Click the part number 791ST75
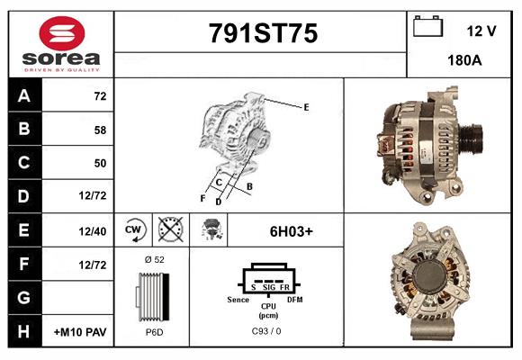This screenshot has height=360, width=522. pyautogui.click(x=263, y=34)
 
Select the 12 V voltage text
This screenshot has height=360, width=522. pyautogui.click(x=481, y=31)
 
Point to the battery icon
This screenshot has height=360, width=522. pyautogui.click(x=426, y=27)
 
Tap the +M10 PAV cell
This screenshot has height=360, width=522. pyautogui.click(x=81, y=332)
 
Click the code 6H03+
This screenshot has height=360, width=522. pyautogui.click(x=292, y=230)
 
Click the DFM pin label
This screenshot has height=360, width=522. pyautogui.click(x=294, y=299)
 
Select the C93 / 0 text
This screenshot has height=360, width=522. pyautogui.click(x=268, y=332)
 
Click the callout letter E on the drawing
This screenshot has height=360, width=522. pyautogui.click(x=306, y=107)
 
